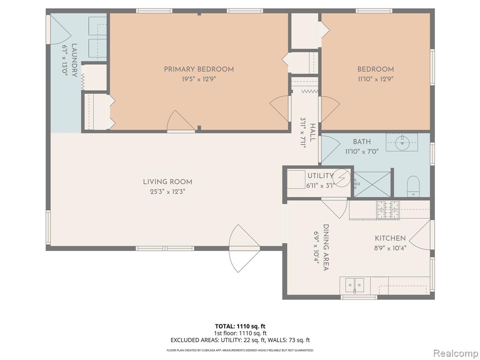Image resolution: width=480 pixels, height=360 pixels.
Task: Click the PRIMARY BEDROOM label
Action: coord(199,69)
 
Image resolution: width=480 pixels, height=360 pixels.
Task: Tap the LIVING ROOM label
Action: coord(168,182)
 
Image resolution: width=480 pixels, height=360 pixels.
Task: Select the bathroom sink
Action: coord(401,142)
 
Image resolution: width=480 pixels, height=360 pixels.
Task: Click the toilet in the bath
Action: coord(413,186)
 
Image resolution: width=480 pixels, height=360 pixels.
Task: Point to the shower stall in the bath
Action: coord(373,184)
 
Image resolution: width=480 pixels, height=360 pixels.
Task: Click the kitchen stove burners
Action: coord(388,210)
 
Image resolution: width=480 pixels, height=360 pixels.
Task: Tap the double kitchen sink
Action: coord(355,285)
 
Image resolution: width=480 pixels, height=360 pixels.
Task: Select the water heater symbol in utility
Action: coord(342,177)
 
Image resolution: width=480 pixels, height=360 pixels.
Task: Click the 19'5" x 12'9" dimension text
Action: coord(199,79)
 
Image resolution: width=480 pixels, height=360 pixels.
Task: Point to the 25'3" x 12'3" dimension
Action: coord(168,192)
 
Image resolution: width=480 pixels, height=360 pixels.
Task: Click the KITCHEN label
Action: coord(390,238)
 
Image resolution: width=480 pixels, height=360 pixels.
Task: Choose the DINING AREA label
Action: coord(326,247)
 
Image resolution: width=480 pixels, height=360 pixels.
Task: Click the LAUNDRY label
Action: coord(75,60)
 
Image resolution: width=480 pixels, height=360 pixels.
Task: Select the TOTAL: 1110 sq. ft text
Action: coord(238,326)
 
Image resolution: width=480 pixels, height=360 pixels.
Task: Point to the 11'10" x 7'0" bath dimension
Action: coord(362,151)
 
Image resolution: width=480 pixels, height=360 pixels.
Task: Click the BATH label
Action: coord(362,142)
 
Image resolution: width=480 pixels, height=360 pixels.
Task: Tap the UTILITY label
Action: coord(320,176)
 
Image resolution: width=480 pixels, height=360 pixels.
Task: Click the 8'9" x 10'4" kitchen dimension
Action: coord(390,248)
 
